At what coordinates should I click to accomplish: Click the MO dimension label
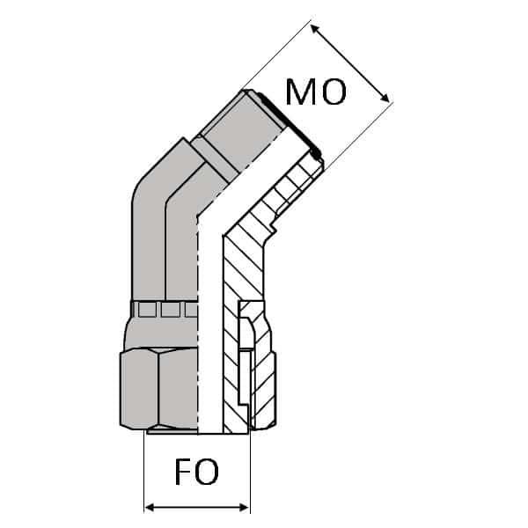point(316,92)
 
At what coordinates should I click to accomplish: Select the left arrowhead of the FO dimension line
point(150,507)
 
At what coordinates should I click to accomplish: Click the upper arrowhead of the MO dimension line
point(317,29)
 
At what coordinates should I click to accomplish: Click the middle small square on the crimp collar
point(169,310)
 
